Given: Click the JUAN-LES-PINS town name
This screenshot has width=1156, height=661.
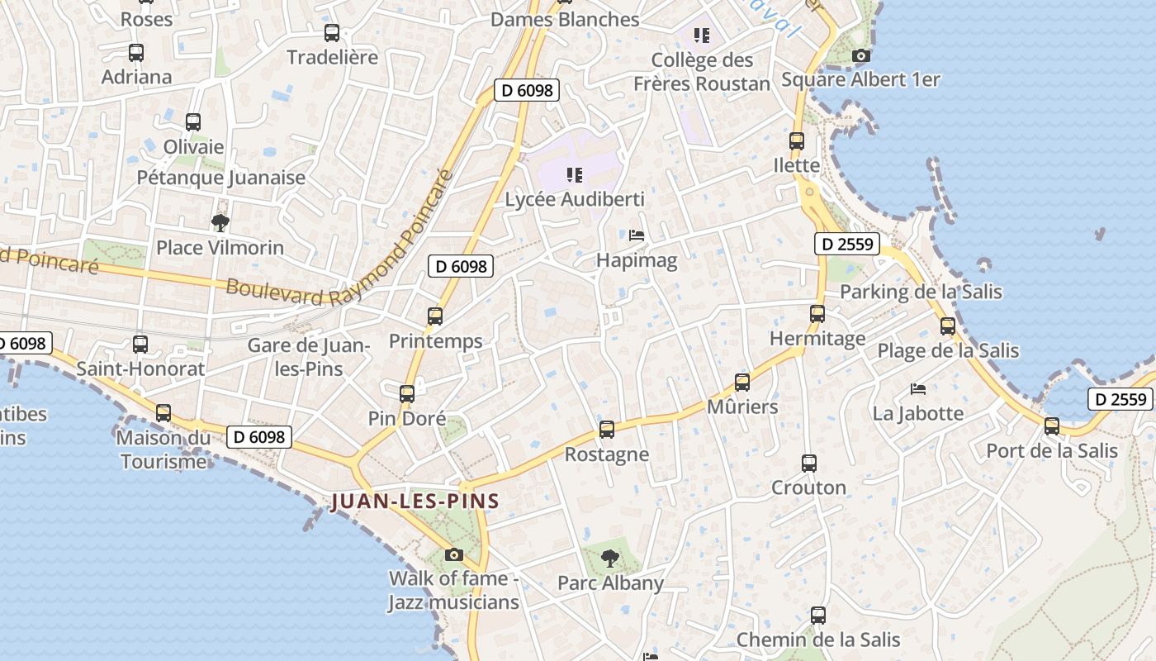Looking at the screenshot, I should coord(415,502).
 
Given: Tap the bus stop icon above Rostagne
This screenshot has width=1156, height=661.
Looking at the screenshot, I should coord(607,430).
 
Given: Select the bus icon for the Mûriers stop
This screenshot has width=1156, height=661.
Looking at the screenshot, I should coord(742,383).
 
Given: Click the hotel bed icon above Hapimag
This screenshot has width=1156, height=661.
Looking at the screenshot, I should coord(637,235).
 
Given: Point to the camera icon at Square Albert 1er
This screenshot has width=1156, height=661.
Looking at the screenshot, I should coord(860,55).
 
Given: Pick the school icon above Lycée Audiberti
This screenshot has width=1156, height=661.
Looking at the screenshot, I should coord(575,175).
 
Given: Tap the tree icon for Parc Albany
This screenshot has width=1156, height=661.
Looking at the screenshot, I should coord(610,559).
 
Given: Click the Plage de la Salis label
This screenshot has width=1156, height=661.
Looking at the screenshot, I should coord(948,350).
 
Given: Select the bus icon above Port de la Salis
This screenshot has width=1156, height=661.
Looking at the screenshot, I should coord(1051,426).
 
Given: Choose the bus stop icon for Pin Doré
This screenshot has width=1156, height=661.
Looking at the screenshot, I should coord(407,394).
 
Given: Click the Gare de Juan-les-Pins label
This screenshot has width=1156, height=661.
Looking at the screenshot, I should coord(308,356).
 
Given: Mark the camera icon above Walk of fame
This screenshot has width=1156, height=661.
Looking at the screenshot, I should coord(453,554).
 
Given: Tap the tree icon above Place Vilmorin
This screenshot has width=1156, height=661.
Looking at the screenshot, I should coord(220,222).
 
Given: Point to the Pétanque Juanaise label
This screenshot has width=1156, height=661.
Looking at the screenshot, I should coord(221,178).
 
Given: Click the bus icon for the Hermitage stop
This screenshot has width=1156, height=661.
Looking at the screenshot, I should coord(817,314).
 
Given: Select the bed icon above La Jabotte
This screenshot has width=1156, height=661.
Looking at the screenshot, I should coord(918,388).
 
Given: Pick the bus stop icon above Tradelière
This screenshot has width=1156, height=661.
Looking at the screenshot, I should coord(332,33).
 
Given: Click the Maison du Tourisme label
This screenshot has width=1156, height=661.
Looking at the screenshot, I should coord(163,449).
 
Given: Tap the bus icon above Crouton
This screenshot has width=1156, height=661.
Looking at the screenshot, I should coord(809,464).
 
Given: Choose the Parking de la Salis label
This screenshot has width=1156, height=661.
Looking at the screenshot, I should coord(921,292).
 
